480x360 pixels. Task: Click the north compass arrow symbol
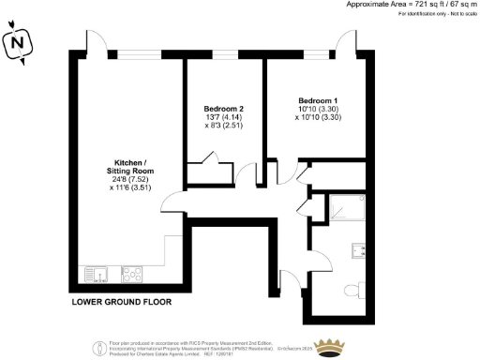17,42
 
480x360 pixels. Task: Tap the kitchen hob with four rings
130,275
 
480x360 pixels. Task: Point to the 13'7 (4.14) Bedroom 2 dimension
223,120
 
